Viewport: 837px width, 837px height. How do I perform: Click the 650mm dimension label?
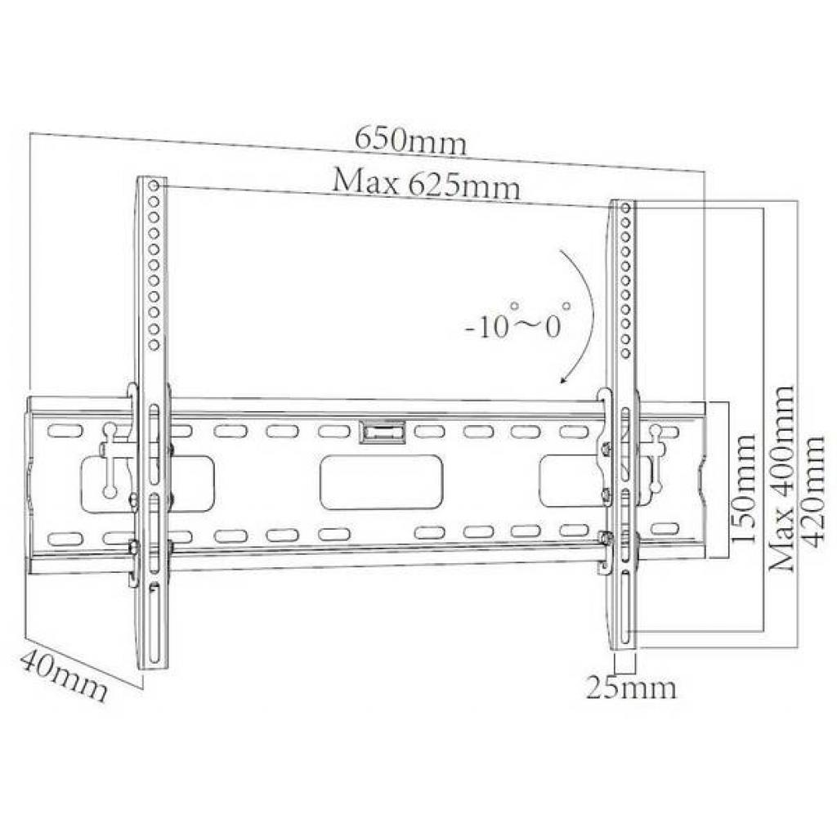(x=410, y=141)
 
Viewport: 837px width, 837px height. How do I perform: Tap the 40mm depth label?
(x=64, y=675)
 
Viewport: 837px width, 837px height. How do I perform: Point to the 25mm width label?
(x=632, y=687)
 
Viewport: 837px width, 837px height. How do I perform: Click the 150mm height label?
(x=743, y=488)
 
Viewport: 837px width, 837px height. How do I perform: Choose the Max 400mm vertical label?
(x=781, y=478)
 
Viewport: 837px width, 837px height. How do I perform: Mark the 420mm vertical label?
(x=813, y=491)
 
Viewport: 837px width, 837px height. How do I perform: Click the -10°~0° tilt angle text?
(x=517, y=321)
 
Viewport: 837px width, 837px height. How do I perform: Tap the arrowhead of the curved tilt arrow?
(x=564, y=378)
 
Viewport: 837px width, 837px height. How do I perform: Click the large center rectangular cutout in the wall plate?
(x=381, y=482)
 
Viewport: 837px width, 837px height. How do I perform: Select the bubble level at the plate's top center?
(x=383, y=432)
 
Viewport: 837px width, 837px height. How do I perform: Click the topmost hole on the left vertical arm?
(x=154, y=186)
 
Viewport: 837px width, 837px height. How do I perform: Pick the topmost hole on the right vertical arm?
(x=627, y=207)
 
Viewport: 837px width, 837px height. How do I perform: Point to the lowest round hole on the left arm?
(x=154, y=346)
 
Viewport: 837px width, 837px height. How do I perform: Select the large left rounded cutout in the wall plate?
(x=147, y=483)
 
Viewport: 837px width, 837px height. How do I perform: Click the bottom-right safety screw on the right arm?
(x=606, y=538)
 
